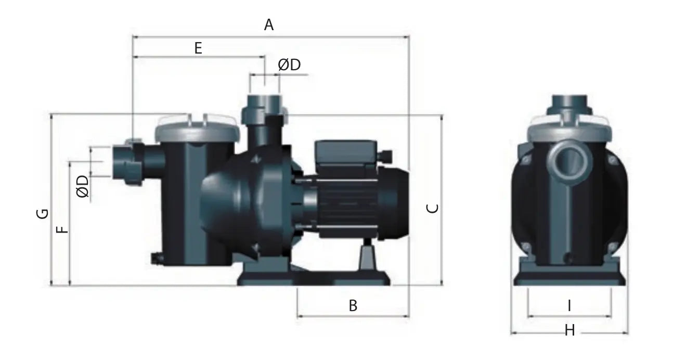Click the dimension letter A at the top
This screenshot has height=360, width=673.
coord(269,25)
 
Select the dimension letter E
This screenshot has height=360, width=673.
coord(198,48)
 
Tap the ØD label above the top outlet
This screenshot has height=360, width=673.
coord(289,65)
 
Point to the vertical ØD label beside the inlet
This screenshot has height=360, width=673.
coord(83,187)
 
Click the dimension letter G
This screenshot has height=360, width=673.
coord(42,214)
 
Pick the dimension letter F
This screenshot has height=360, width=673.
coord(62,229)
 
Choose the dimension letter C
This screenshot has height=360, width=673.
coord(433,209)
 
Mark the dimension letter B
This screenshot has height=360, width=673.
coord(353,305)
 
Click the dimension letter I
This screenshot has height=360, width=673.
coord(569,306)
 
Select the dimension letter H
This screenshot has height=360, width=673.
coord(570,330)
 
